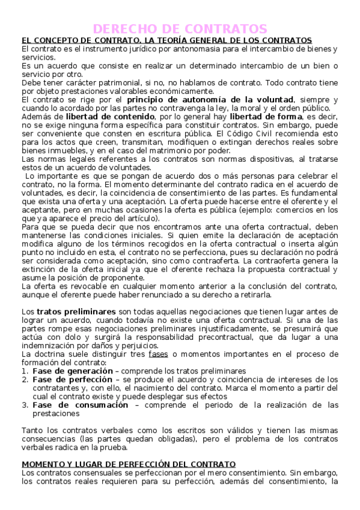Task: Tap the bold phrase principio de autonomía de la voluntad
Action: (x=210, y=99)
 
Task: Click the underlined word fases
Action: (x=158, y=354)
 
